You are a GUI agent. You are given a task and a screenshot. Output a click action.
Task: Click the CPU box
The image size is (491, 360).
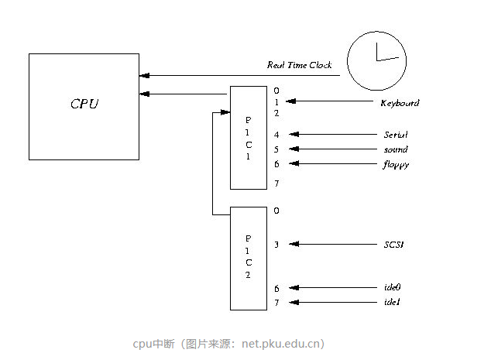coord(84,106)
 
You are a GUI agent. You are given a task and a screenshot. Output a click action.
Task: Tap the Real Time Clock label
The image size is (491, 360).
coord(299,66)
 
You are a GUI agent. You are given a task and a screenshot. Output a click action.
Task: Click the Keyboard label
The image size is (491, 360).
coord(400,103)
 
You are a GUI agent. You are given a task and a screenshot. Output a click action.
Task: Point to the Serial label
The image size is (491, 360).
coord(395,135)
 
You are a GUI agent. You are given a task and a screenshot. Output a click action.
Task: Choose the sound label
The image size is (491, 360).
coord(395,149)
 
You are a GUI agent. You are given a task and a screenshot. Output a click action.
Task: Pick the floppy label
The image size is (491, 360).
coord(395,164)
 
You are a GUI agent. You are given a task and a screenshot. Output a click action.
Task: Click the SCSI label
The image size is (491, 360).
coord(393,245)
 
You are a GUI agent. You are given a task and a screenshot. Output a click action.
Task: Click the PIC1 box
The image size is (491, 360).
coord(249,138)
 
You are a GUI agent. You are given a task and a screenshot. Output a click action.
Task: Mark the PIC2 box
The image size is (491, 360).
coord(249,258)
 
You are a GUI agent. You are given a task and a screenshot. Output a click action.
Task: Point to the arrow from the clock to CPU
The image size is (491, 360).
coord(240,75)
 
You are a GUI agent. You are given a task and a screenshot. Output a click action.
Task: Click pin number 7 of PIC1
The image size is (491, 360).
coord(276,183)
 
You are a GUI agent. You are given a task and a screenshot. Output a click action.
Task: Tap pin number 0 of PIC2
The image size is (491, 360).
coord(276,211)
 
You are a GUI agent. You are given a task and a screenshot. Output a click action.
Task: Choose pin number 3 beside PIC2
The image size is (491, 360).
coord(276,245)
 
